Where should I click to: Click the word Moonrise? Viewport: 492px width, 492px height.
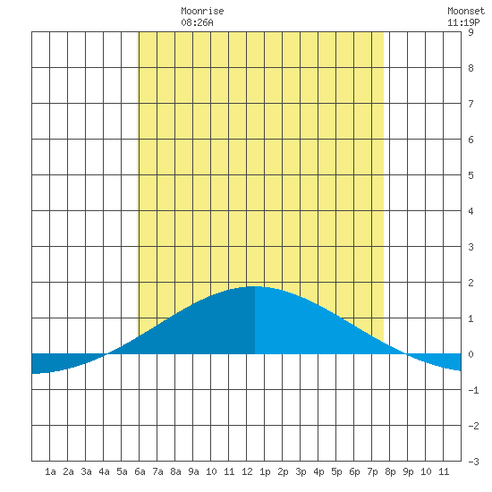[x=202, y=11]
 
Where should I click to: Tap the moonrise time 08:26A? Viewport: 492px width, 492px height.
[x=197, y=22]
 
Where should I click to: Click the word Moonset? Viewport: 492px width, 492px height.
[x=466, y=11]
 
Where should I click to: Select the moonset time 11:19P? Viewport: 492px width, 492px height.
[x=463, y=22]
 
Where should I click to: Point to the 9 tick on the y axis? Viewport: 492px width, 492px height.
[x=471, y=32]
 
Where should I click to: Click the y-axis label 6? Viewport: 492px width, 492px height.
[x=471, y=140]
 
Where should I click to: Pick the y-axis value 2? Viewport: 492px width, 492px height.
[x=471, y=283]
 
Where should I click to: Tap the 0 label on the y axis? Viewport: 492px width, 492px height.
[x=471, y=354]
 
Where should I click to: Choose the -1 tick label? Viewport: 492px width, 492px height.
[x=473, y=390]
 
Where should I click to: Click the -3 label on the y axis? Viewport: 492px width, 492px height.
[x=473, y=462]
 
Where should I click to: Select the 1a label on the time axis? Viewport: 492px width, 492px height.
[x=50, y=471]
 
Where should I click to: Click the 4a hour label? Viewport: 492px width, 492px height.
[x=104, y=471]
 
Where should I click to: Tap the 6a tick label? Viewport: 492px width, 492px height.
[x=140, y=471]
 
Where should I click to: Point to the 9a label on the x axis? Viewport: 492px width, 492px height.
[x=193, y=471]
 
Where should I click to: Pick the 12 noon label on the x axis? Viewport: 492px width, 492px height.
[x=247, y=471]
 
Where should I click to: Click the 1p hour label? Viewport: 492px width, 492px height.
[x=265, y=471]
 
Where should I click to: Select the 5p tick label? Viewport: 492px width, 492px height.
[x=336, y=471]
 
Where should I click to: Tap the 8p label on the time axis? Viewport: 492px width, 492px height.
[x=390, y=471]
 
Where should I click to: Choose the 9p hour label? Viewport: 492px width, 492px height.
[x=408, y=471]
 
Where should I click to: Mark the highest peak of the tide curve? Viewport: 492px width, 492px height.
[x=255, y=286]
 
